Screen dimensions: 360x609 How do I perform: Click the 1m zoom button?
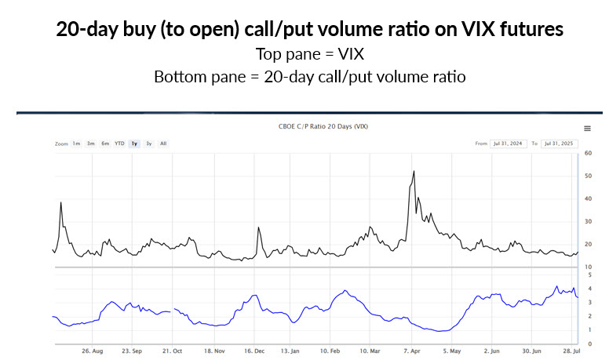point(77,144)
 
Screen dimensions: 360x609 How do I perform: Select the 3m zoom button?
point(91,144)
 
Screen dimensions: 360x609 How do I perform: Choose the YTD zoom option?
point(119,144)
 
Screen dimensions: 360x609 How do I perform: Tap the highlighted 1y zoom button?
point(135,144)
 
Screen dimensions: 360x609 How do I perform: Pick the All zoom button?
point(163,144)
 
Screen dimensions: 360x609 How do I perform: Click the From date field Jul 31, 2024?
point(509,144)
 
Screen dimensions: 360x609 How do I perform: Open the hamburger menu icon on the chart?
point(587,129)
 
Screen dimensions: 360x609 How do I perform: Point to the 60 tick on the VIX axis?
point(588,152)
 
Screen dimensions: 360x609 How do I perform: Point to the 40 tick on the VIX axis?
point(588,198)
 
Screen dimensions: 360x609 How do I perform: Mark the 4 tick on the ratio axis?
point(588,289)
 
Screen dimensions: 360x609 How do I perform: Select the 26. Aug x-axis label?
point(92,352)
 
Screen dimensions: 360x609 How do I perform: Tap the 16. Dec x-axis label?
point(253,352)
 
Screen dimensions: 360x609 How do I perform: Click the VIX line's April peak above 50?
point(414,172)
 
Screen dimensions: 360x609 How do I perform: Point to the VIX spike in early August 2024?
point(61,202)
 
